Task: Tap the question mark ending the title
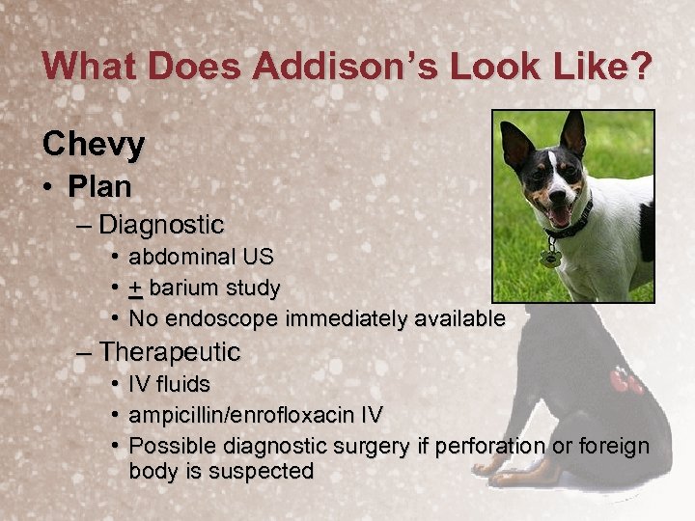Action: [638, 67]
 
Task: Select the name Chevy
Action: [94, 144]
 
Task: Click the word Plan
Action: [99, 185]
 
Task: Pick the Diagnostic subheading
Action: [161, 226]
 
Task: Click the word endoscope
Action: [220, 319]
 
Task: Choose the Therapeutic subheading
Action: [169, 352]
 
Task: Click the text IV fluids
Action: [169, 385]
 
